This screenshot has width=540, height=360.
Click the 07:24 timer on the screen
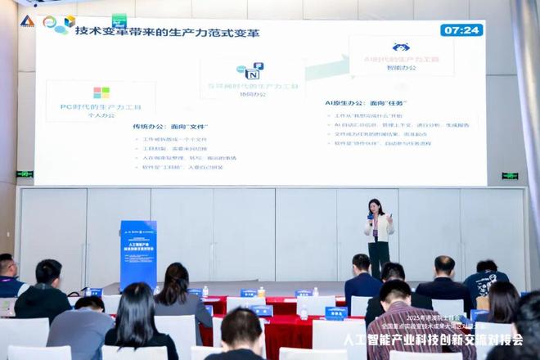[461, 30]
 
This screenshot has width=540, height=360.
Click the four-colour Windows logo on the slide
[101, 92]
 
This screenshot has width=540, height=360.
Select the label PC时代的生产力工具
[101, 107]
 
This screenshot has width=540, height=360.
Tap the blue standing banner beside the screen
[138, 254]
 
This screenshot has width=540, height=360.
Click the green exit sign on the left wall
[25, 173]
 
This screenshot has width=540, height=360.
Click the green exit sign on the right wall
[510, 176]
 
